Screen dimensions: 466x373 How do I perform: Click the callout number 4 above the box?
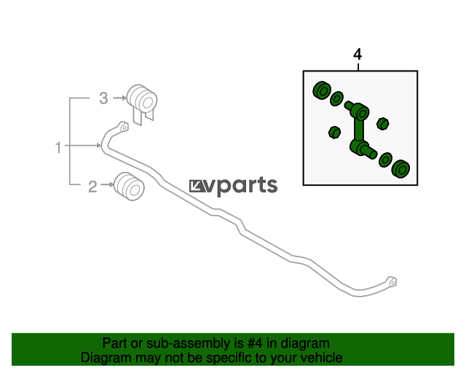[x=358, y=55]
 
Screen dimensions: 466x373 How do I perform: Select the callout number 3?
[x=103, y=98]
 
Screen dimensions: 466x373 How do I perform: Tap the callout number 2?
[x=92, y=186]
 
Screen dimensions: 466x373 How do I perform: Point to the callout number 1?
[x=58, y=147]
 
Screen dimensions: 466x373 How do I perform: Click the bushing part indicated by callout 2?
[x=130, y=186]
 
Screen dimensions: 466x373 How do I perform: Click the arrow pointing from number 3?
[x=119, y=98]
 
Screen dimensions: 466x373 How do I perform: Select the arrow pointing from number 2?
[x=107, y=185]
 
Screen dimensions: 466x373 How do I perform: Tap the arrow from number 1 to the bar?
[x=82, y=146]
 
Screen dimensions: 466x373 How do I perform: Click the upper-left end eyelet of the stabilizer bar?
[x=123, y=127]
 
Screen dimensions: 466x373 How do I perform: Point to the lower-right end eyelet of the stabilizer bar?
[x=392, y=282]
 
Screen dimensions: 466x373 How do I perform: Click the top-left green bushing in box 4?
[x=322, y=90]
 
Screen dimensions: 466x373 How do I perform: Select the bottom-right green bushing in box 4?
[x=401, y=169]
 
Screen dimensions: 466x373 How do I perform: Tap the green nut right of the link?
[x=383, y=123]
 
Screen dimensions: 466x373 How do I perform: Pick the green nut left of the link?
[x=335, y=133]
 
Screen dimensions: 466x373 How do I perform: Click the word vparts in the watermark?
[x=242, y=186]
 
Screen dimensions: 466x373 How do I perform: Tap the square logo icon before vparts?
[x=197, y=186]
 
